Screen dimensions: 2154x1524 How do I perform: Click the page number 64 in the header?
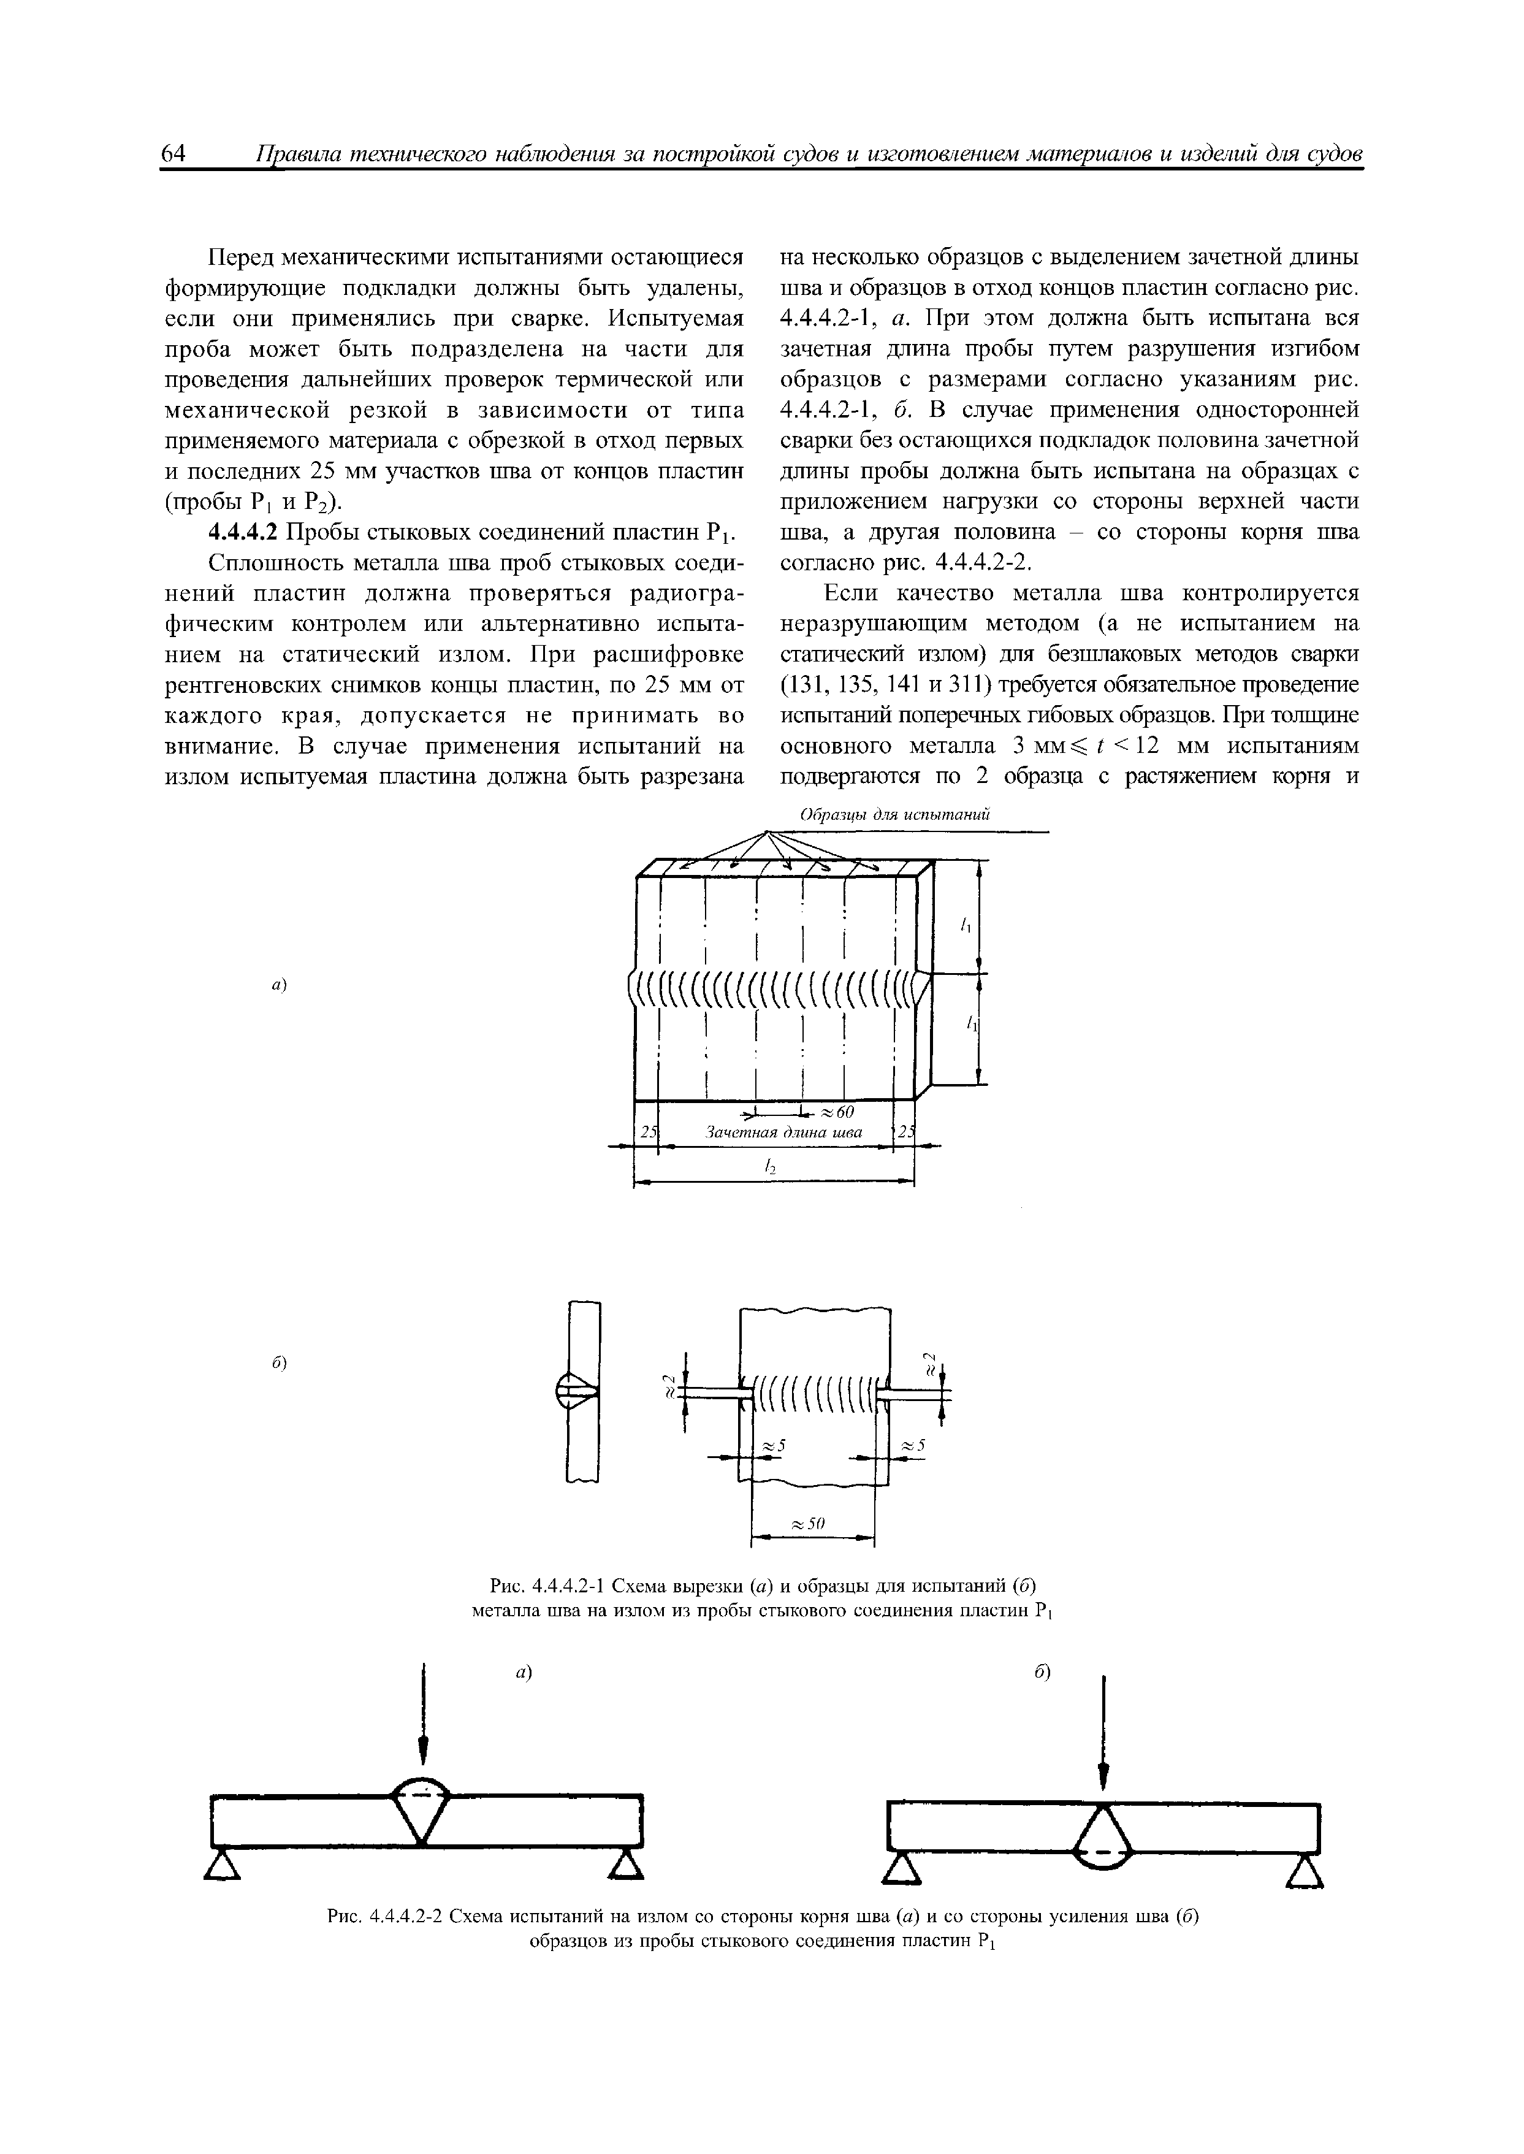pyautogui.click(x=175, y=153)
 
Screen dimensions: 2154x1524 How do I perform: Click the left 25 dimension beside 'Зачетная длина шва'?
pyautogui.click(x=647, y=1133)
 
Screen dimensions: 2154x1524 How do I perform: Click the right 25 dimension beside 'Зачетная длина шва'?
pyautogui.click(x=905, y=1133)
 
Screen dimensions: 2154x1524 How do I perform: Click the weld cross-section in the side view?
pyautogui.click(x=577, y=1391)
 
